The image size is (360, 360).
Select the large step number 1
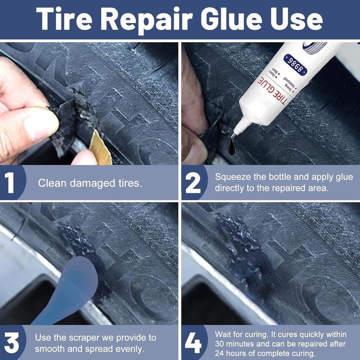(x=11, y=183)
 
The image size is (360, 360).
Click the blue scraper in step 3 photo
(x=72, y=288)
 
